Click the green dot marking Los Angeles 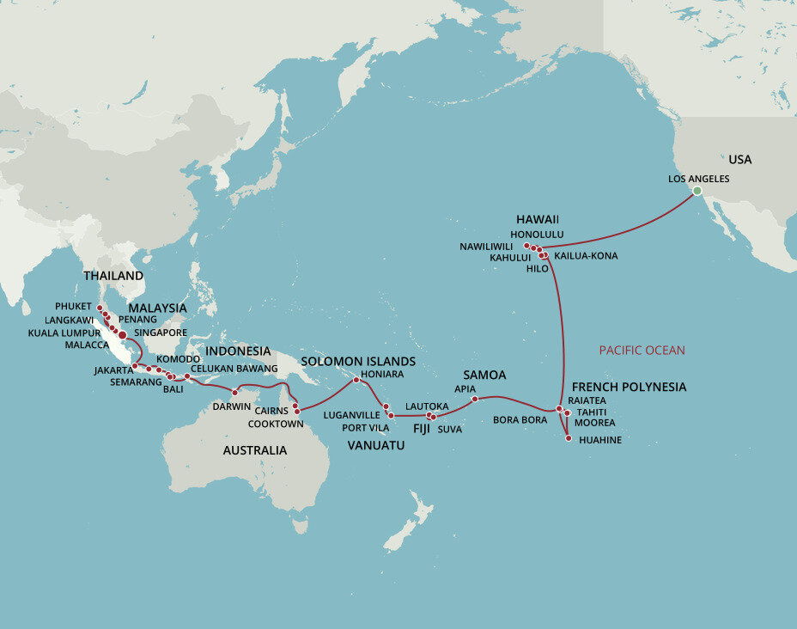[697, 191]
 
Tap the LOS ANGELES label [698, 179]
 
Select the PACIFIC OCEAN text [642, 350]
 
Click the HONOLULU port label [537, 234]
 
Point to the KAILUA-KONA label [586, 256]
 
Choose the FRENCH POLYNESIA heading [629, 387]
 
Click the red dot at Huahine [569, 439]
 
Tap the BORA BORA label [520, 420]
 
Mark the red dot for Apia [475, 399]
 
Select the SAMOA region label [484, 376]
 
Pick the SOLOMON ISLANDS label [359, 361]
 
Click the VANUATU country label [376, 445]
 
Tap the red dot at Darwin [234, 394]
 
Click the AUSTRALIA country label [255, 450]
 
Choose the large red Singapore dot [123, 334]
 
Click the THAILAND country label [113, 276]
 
